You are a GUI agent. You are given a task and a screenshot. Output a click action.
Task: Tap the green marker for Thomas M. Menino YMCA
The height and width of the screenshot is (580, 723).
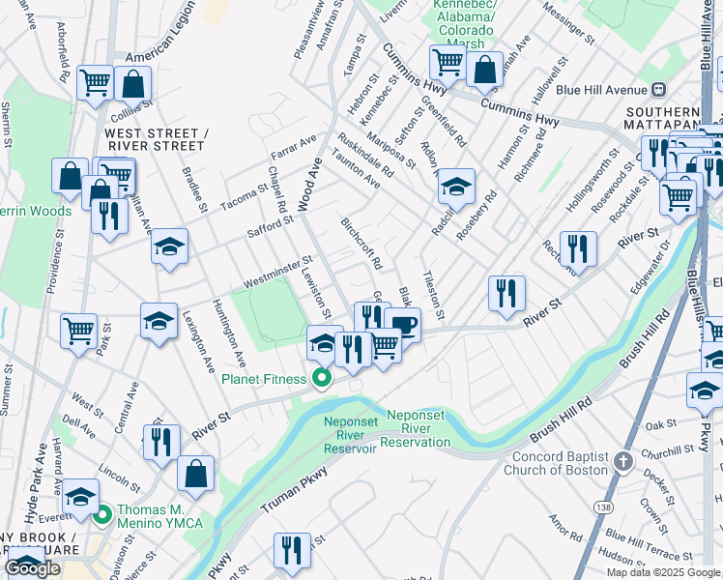pos(102,514)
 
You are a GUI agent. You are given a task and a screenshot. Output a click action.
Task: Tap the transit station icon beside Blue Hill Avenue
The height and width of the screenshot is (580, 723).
pos(659,89)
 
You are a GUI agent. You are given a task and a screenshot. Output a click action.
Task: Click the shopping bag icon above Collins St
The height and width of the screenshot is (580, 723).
pos(133,84)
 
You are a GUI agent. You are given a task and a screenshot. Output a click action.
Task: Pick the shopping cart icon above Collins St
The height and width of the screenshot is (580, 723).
pos(95,83)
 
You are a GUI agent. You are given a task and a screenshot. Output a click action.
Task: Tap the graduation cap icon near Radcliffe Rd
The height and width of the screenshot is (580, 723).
pos(455,186)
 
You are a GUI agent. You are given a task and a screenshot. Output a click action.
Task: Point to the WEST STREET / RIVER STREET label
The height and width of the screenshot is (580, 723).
pos(155,139)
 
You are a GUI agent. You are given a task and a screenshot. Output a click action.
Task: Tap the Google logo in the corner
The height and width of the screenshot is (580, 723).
pos(33,568)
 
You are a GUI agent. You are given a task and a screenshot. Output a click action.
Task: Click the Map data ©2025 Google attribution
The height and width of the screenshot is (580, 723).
pos(663,572)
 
